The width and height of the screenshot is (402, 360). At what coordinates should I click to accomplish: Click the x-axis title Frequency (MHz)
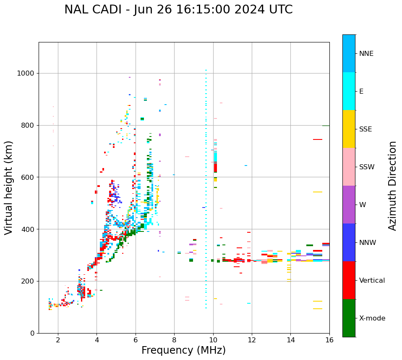[x=183, y=350]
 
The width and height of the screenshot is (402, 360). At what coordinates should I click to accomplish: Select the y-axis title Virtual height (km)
[x=9, y=188]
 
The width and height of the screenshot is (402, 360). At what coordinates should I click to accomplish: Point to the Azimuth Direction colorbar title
[x=392, y=186]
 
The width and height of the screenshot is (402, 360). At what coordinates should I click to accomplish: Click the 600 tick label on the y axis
[x=28, y=177]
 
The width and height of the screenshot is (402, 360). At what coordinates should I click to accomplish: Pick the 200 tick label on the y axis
[x=28, y=281]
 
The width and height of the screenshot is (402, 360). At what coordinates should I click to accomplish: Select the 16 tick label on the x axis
[x=329, y=340]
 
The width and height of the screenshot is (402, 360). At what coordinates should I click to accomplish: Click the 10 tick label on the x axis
[x=213, y=340]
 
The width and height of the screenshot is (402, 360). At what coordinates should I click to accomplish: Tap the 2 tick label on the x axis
[x=58, y=340]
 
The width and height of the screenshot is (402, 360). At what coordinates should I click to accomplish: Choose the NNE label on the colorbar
[x=366, y=54]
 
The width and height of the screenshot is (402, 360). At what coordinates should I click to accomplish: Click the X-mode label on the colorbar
[x=372, y=318]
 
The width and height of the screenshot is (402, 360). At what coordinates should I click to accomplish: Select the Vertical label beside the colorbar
[x=372, y=281]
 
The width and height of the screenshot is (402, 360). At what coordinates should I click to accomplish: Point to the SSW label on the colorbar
[x=367, y=167]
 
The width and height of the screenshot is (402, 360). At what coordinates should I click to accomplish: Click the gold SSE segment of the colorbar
[x=349, y=129]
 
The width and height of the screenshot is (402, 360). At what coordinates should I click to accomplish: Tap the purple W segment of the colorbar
[x=349, y=205]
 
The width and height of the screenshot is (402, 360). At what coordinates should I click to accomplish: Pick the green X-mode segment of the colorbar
[x=349, y=318]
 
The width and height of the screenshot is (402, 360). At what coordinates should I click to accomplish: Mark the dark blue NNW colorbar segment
[x=349, y=242]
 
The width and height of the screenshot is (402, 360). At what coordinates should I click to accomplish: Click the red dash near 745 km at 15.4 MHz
[x=317, y=139]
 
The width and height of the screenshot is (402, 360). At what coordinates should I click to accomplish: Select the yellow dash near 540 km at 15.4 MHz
[x=317, y=192]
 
